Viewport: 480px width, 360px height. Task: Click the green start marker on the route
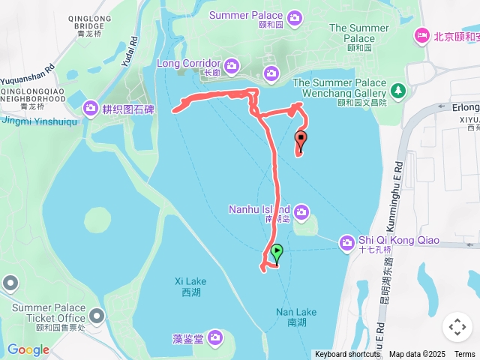(x=277, y=253)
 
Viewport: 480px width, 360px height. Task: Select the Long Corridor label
(x=188, y=63)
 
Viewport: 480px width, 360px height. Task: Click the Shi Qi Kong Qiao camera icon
(x=347, y=241)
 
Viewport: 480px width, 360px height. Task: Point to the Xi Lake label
(x=190, y=281)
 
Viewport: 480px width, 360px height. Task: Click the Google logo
(x=28, y=349)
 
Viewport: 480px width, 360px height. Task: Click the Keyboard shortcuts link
(x=347, y=354)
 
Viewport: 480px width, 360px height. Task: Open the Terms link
(x=464, y=354)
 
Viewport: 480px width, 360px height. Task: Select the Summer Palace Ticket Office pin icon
(x=97, y=316)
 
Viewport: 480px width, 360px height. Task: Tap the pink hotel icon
(x=423, y=35)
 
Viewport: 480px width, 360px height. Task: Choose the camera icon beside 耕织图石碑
(x=91, y=108)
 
